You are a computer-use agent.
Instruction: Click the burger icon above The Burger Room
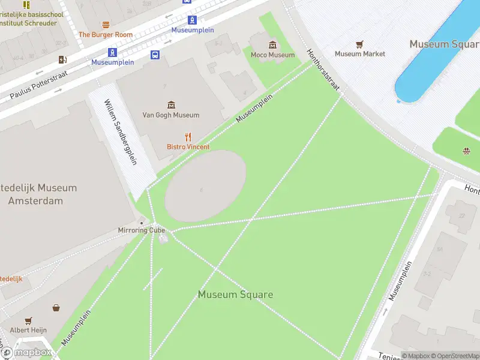pos(106,25)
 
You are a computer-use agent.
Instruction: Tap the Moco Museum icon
pos(273,45)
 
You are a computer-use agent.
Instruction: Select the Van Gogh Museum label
pos(170,115)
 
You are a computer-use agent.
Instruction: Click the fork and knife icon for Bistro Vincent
pos(188,137)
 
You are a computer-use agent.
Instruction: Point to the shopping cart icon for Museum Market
pos(359,44)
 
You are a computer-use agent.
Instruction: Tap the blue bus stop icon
pos(155,55)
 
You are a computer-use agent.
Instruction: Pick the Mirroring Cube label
pos(141,230)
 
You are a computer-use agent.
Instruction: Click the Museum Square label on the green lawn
pos(235,295)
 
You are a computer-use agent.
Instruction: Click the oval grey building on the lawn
pos(205,185)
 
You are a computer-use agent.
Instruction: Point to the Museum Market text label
pos(360,54)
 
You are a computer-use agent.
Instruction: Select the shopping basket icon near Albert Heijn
pos(56,308)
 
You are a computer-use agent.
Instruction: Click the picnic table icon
pos(466,151)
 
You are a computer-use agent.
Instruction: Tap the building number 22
pos(461,215)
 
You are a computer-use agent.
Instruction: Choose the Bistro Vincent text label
pos(188,147)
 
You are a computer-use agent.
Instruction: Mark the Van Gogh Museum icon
pos(172,105)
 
